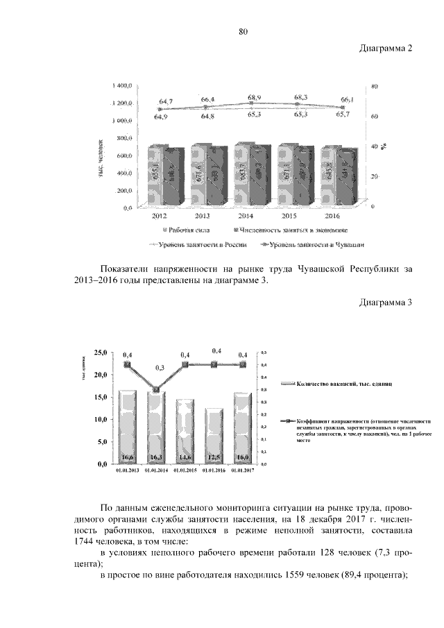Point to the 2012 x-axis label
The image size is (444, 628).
pos(159,216)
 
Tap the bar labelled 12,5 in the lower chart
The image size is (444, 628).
pos(213,435)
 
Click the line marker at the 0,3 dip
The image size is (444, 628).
pos(156,390)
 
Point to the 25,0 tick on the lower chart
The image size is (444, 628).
pos(101,353)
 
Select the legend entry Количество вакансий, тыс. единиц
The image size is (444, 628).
pos(335,383)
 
